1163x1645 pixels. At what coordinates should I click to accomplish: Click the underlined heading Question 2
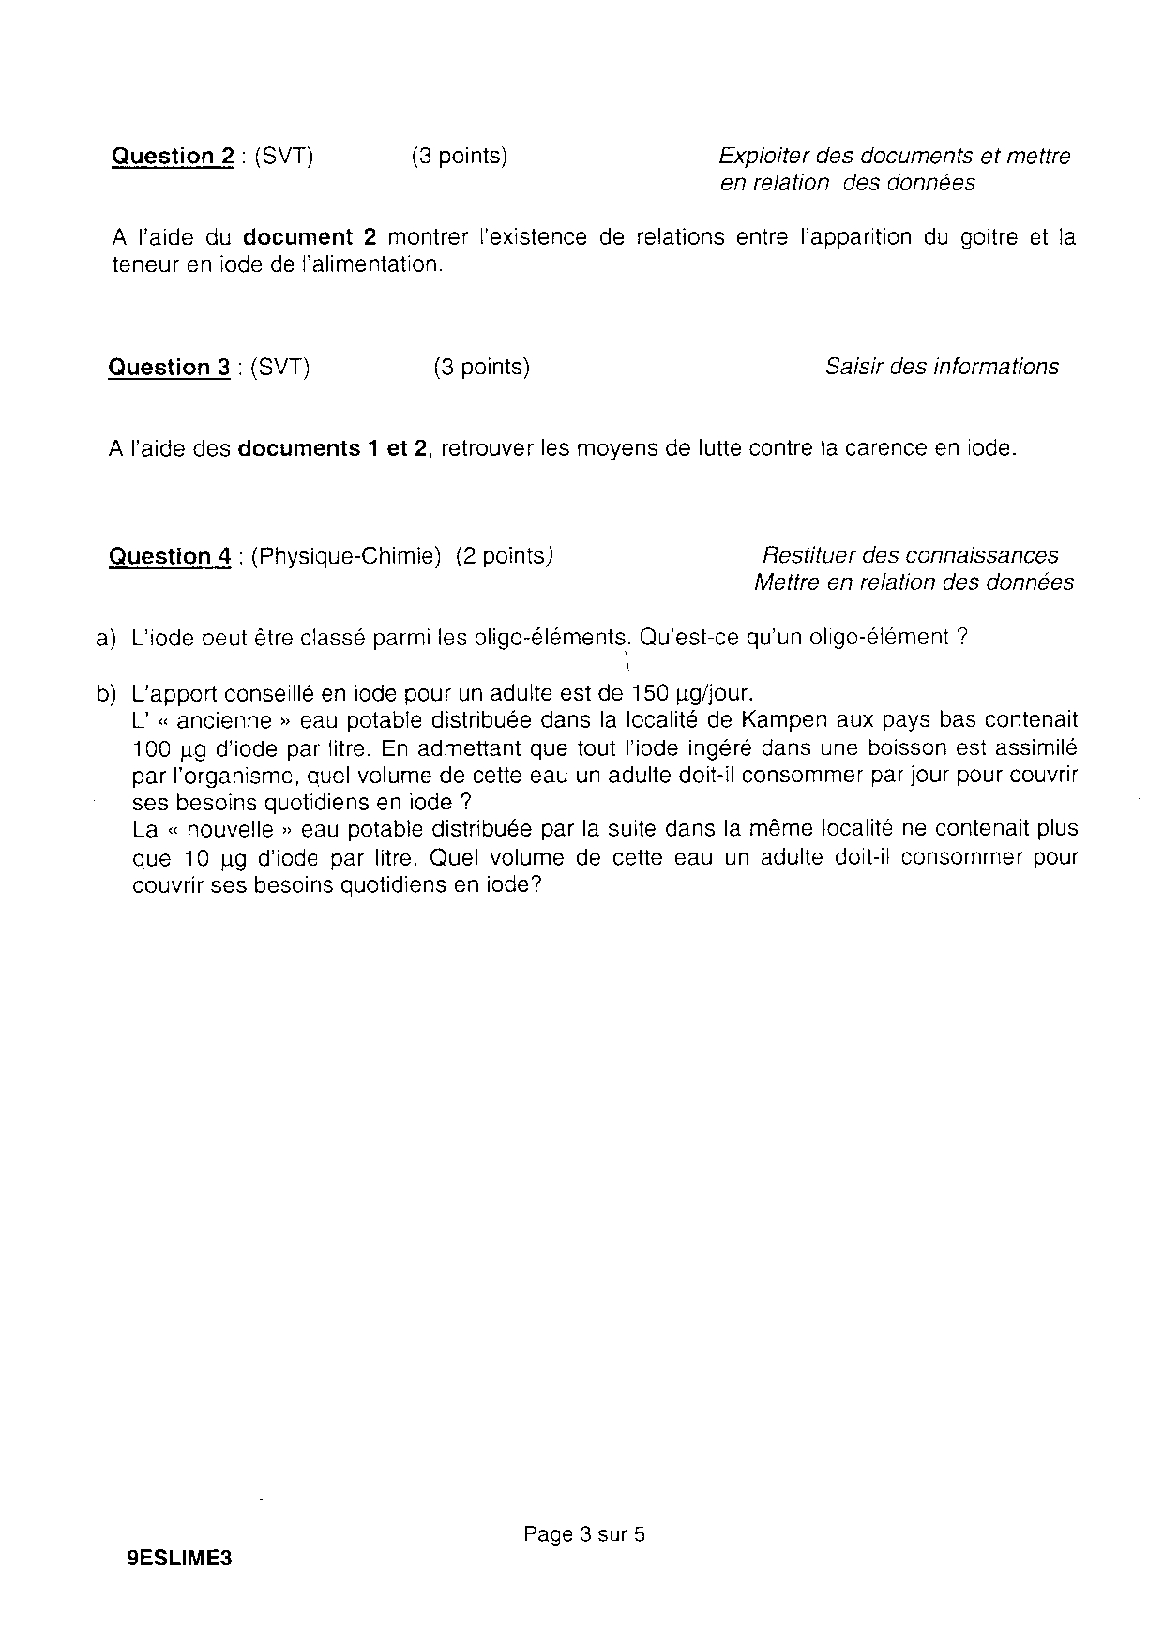pyautogui.click(x=173, y=157)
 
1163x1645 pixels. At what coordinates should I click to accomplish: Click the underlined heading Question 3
pyautogui.click(x=169, y=368)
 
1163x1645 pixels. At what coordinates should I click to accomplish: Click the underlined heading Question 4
pyautogui.click(x=170, y=557)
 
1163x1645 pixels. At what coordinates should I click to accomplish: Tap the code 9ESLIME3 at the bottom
pyautogui.click(x=178, y=1558)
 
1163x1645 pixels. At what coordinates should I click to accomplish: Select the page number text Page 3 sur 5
pyautogui.click(x=584, y=1534)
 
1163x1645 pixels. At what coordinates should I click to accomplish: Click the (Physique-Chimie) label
pyautogui.click(x=346, y=557)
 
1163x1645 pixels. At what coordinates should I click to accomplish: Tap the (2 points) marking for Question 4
pyautogui.click(x=504, y=557)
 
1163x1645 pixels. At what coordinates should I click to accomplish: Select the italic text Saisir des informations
pyautogui.click(x=942, y=368)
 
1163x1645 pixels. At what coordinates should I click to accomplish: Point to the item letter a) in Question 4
pyautogui.click(x=105, y=639)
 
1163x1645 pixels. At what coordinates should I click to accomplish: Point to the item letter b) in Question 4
pyautogui.click(x=105, y=695)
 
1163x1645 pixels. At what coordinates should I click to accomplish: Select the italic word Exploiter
pyautogui.click(x=763, y=157)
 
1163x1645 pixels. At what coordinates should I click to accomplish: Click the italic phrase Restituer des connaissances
pyautogui.click(x=910, y=556)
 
